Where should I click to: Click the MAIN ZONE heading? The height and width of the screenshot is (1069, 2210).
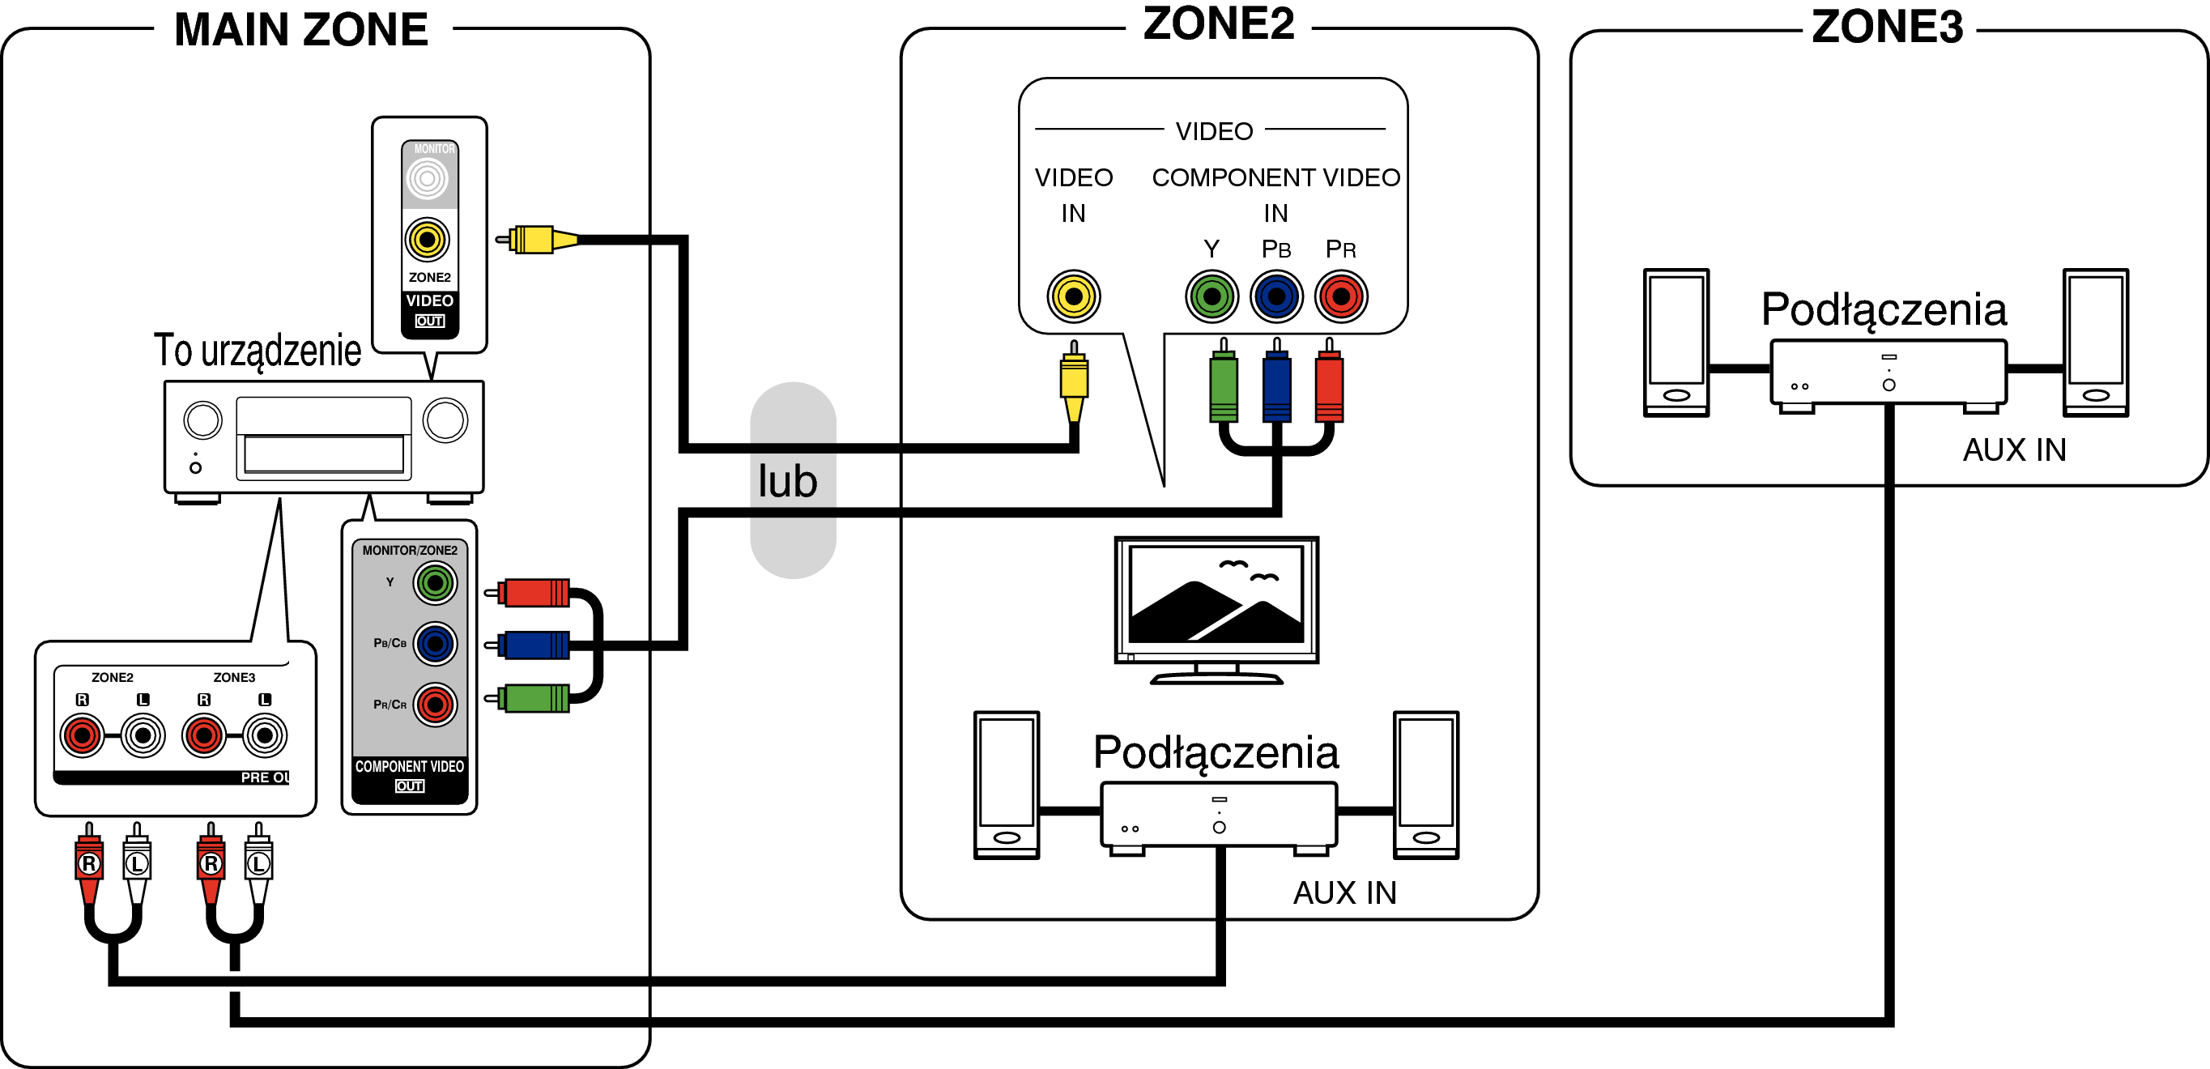[301, 30]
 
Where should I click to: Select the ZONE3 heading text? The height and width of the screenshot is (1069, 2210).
[1887, 28]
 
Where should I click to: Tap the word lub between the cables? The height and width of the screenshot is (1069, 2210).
[788, 480]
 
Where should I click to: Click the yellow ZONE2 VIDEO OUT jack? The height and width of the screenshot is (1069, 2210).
[428, 240]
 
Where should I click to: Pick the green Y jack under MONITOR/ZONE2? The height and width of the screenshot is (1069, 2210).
[436, 583]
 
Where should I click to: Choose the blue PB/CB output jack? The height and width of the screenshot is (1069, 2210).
[436, 644]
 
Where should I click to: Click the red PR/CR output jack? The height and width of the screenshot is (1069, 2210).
[436, 705]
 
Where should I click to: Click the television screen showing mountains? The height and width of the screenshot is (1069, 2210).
[1216, 595]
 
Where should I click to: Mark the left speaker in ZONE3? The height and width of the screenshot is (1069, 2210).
[1676, 343]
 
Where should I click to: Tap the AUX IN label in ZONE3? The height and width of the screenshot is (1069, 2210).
[2014, 449]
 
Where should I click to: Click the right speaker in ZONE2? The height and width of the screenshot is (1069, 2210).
[1426, 784]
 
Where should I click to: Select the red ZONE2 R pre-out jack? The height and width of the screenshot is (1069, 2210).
[83, 735]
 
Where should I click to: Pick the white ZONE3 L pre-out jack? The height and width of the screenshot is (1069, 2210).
[265, 735]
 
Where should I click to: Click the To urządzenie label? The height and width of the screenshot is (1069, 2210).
[258, 350]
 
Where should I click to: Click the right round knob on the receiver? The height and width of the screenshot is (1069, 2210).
[445, 420]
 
